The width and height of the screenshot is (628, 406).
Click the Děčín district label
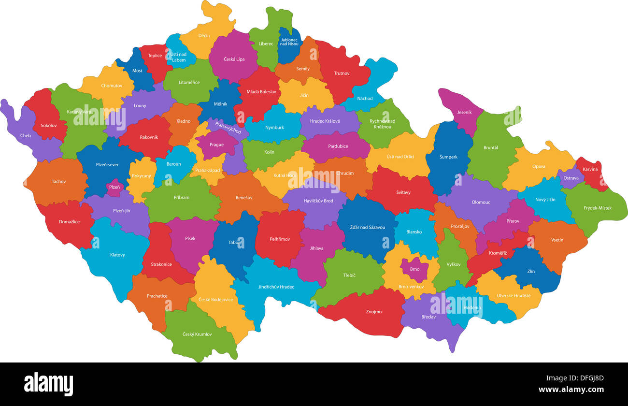coord(204,35)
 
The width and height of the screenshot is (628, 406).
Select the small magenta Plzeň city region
coord(114,187)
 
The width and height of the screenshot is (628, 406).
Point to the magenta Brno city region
coord(414,269)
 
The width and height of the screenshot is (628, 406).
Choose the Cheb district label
coord(26,136)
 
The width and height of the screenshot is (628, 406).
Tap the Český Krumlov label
coord(197,334)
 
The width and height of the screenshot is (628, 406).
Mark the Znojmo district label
coord(373,312)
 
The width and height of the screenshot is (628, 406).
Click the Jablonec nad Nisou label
coord(289,42)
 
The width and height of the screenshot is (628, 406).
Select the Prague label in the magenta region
coord(216,145)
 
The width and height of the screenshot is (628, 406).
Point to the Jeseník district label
coord(464,113)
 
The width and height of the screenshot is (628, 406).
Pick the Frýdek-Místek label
coord(597,208)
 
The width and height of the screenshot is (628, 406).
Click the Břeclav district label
coord(428,317)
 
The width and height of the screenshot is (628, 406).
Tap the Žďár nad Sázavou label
coord(368,227)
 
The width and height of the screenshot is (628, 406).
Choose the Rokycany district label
coord(141,176)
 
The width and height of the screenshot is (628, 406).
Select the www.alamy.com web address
coord(571,390)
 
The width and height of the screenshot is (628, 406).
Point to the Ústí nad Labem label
coord(178,57)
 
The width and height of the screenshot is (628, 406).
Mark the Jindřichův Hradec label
coord(276,287)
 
